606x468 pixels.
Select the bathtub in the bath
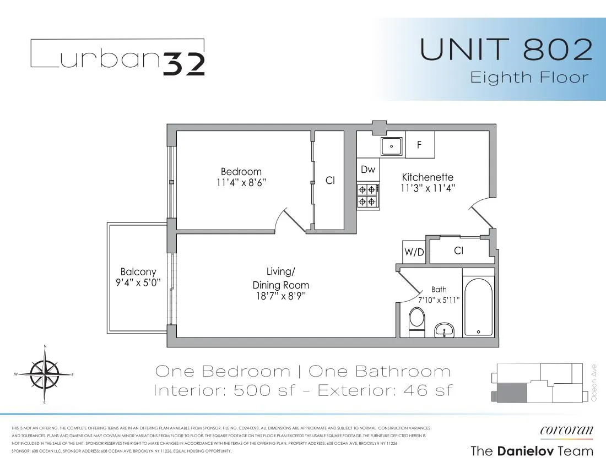[478, 308]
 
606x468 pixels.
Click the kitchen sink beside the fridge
[392, 146]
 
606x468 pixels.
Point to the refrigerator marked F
[420, 145]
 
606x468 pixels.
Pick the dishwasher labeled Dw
[368, 170]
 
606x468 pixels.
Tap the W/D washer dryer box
[414, 252]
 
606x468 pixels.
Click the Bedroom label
[241, 172]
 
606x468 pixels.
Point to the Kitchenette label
[428, 177]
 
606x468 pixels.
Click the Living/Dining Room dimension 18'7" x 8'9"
[280, 296]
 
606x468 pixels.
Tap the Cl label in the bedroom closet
[330, 180]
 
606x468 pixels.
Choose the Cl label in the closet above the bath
[458, 251]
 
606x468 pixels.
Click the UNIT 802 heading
[506, 50]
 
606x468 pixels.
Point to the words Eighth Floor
[529, 78]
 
